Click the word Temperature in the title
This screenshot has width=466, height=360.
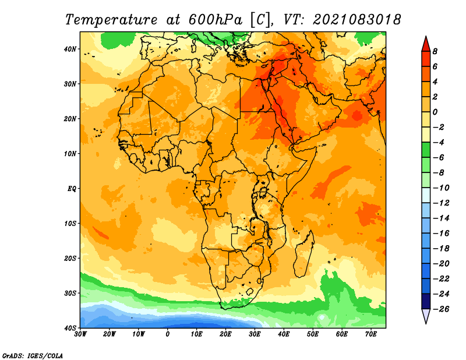(x=111, y=20)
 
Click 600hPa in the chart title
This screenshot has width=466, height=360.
(x=215, y=20)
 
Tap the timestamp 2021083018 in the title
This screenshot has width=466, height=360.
(x=357, y=20)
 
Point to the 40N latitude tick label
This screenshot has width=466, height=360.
(x=70, y=49)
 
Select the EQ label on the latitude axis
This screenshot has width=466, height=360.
(x=72, y=189)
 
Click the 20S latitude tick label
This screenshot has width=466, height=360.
(x=70, y=258)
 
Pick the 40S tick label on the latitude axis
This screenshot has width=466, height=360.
(x=70, y=328)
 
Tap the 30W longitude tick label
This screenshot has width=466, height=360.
(x=80, y=334)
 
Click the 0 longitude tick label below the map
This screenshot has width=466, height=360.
(x=167, y=334)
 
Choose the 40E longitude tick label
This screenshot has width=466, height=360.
(x=284, y=334)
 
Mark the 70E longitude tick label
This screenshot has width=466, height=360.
(x=371, y=334)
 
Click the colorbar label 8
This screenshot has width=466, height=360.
(x=435, y=51)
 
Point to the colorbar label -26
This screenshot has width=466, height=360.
(x=442, y=309)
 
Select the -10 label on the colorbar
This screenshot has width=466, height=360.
(x=442, y=188)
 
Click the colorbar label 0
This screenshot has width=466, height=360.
(x=435, y=112)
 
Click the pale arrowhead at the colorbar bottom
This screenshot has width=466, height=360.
(x=426, y=316)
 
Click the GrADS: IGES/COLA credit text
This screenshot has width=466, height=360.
(x=33, y=356)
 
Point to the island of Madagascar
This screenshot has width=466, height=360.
(x=304, y=253)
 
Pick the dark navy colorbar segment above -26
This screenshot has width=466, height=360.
(x=426, y=301)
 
